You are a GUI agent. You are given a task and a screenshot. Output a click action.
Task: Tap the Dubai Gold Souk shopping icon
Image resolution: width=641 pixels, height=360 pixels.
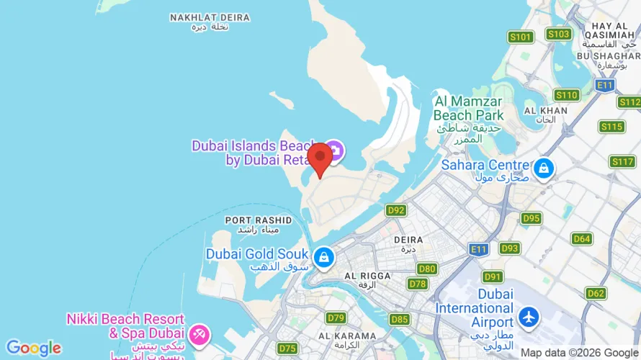tap(324, 256)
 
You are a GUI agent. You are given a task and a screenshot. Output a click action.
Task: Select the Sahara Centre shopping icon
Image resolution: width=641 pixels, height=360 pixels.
tap(544, 168)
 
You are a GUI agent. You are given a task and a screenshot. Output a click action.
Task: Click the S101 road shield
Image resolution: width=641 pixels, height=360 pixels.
tap(520, 37)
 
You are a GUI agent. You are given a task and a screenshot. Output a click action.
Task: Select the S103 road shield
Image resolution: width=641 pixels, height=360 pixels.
tap(558, 34)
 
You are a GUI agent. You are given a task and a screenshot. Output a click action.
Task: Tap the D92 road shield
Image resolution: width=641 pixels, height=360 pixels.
tap(395, 210)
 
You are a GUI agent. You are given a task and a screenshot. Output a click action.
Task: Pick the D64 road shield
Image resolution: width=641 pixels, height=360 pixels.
tap(582, 238)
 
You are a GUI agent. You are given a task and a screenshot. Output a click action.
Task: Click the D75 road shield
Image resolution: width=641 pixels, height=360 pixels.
tap(287, 348)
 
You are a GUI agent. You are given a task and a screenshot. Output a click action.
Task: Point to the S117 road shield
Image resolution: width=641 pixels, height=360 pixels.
tap(622, 161)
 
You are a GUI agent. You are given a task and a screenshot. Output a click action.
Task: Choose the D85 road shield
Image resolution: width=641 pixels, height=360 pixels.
tap(400, 319)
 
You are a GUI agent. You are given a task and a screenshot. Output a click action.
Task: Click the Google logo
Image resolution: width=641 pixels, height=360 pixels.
tap(33, 348)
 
